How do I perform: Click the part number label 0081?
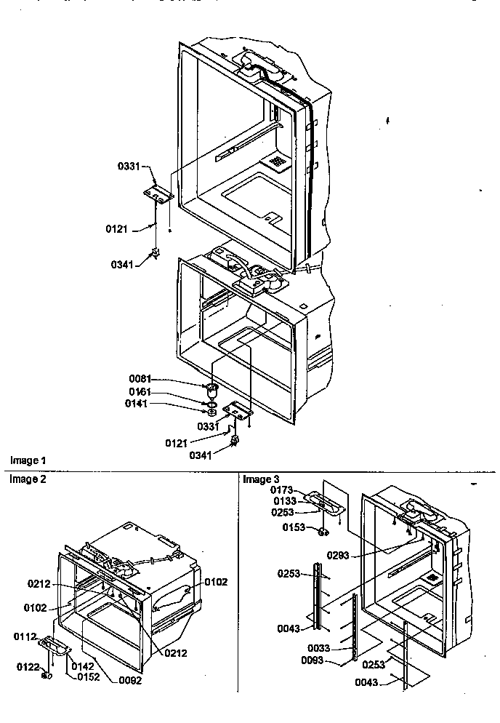pos(140,378)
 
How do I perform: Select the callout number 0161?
pos(140,391)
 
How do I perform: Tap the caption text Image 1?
pos(28,460)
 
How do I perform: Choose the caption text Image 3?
pos(261,479)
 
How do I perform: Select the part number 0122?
pos(27,666)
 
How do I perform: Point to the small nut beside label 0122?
pos(47,674)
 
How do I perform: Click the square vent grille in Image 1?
pos(277,161)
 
